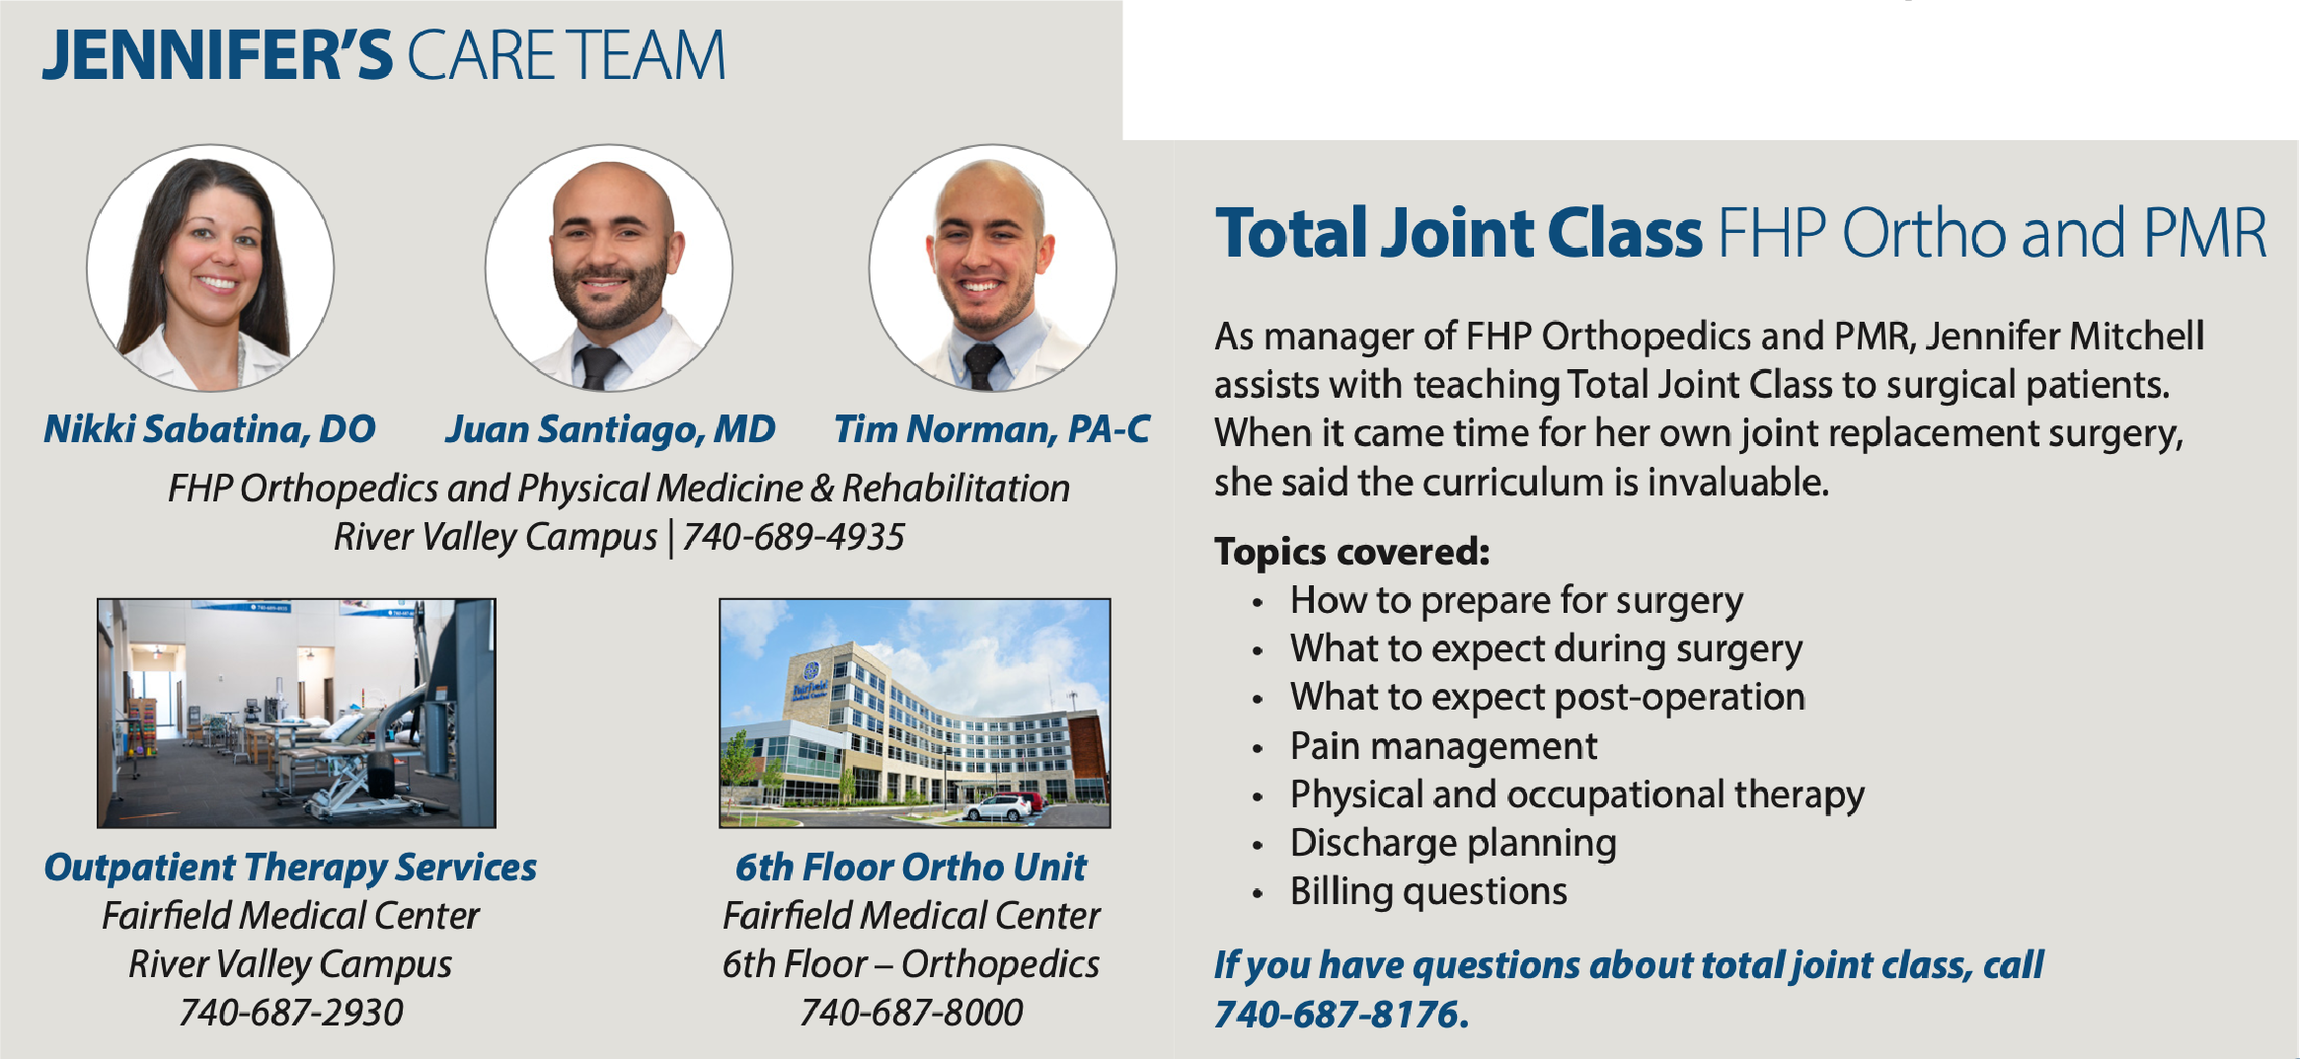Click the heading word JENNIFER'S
pos(217,55)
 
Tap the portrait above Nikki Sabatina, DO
pos(210,267)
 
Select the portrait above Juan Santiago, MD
pos(609,267)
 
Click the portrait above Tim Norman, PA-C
pos(993,267)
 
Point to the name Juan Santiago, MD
pos(610,429)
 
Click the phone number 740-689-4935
pos(793,537)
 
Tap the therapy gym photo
pos(296,713)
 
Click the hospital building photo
pos(915,713)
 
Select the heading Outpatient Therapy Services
pos(290,868)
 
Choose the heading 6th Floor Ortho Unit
pos(911,868)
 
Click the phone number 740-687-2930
pos(290,1013)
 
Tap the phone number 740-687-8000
pos(911,1013)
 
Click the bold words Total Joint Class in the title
pos(1459,233)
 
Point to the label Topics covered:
pos(1351,552)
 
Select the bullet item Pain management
pos(1443,746)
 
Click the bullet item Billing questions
pos(1428,891)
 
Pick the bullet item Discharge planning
pos(1453,843)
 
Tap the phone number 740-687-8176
pos(1342,1015)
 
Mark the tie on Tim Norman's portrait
pos(982,365)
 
